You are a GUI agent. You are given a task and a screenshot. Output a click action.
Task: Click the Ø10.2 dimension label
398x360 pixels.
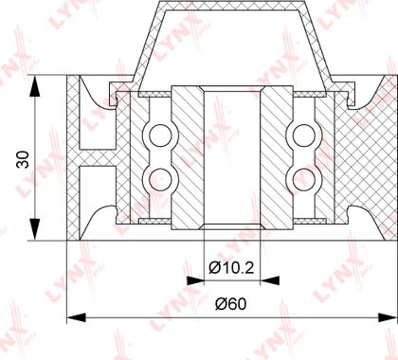click(x=231, y=268)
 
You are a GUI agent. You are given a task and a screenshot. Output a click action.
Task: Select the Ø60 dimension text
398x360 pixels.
click(x=230, y=304)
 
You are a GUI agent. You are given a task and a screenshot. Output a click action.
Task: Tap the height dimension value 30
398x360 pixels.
click(x=24, y=160)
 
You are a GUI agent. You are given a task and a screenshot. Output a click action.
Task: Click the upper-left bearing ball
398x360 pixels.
click(x=160, y=135)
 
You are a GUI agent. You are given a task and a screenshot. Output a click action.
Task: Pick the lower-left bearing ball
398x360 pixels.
click(x=160, y=179)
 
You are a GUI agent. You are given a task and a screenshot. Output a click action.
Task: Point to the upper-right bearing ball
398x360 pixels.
click(x=304, y=135)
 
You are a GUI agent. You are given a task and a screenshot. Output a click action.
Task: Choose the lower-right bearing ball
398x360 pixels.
click(x=304, y=179)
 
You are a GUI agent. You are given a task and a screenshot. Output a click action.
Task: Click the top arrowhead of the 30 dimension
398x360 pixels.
click(x=35, y=86)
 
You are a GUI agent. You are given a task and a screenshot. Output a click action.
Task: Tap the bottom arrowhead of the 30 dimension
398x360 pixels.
click(x=35, y=229)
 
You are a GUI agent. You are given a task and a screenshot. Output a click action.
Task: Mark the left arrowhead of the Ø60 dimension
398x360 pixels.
click(x=77, y=317)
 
